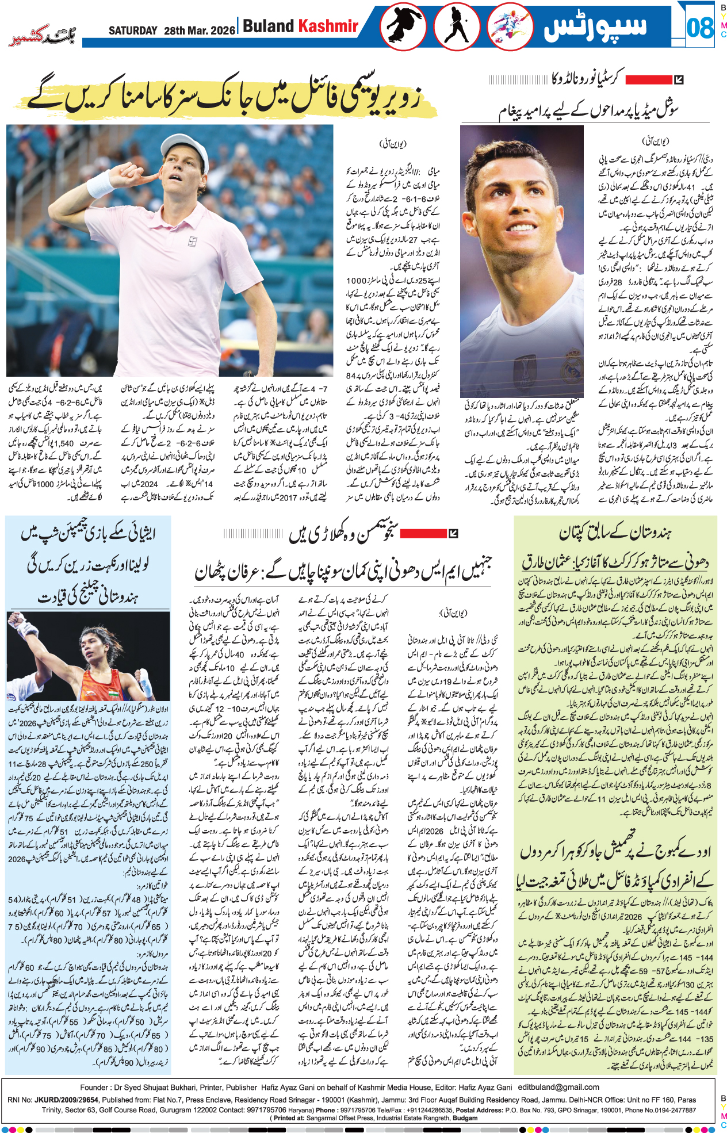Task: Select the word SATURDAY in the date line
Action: coord(133,30)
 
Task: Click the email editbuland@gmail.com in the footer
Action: coord(558,1087)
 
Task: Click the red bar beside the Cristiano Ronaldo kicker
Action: coord(648,80)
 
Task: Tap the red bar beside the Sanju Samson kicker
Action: coord(423,534)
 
